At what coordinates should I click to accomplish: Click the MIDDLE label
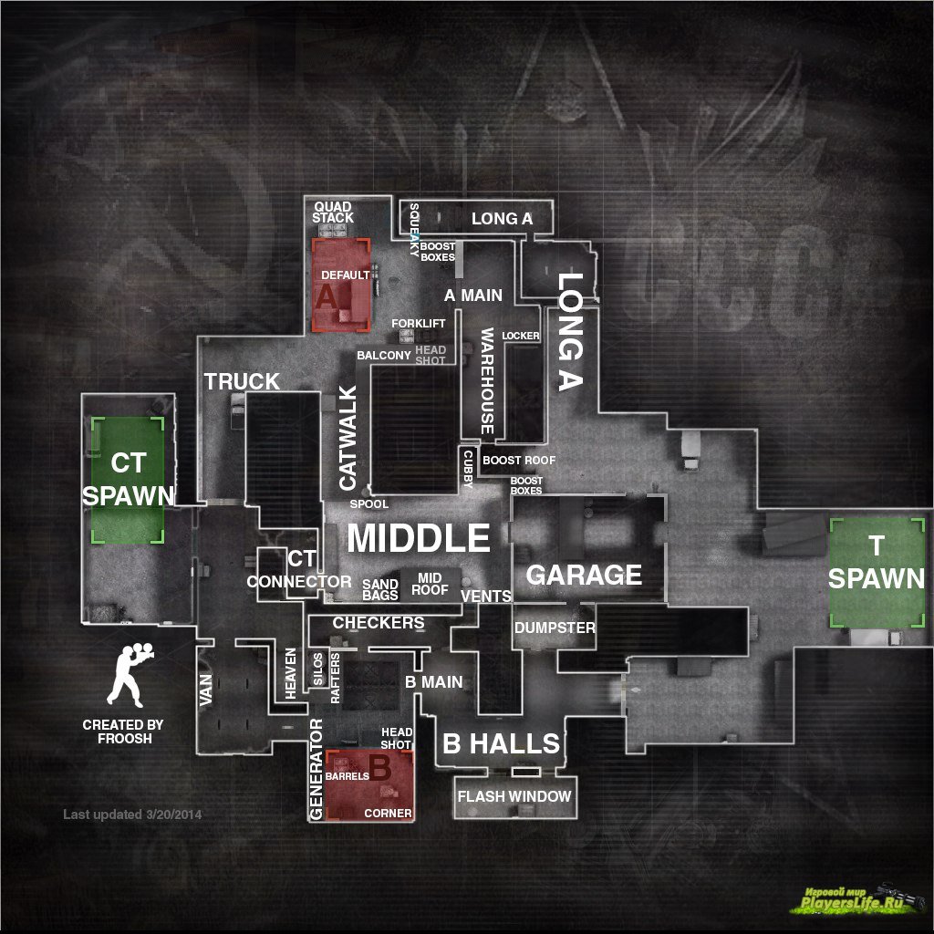[x=418, y=538]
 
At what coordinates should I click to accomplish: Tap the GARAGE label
[x=584, y=575]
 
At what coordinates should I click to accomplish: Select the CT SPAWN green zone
[x=128, y=480]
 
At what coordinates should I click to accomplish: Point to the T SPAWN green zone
[x=876, y=573]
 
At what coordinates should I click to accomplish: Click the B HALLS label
[x=501, y=743]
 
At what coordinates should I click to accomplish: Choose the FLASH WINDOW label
[x=514, y=796]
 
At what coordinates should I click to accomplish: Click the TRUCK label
[x=242, y=381]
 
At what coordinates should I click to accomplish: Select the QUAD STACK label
[x=332, y=213]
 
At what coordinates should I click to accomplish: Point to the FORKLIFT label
[x=419, y=324]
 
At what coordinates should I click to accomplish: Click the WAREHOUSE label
[x=487, y=381]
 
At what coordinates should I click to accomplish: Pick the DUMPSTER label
[x=555, y=628]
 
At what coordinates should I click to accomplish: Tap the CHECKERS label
[x=379, y=622]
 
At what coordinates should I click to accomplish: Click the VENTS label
[x=486, y=596]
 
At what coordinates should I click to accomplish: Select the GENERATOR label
[x=317, y=769]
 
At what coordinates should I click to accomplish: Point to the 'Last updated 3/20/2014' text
[x=132, y=814]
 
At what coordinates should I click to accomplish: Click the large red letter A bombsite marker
[x=327, y=295]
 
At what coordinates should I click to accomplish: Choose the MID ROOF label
[x=430, y=584]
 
